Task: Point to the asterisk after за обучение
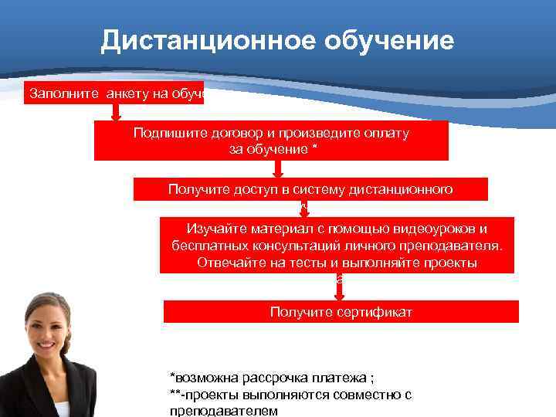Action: pos(314,148)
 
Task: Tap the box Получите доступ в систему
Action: pos(310,188)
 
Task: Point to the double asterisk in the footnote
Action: pos(175,393)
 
